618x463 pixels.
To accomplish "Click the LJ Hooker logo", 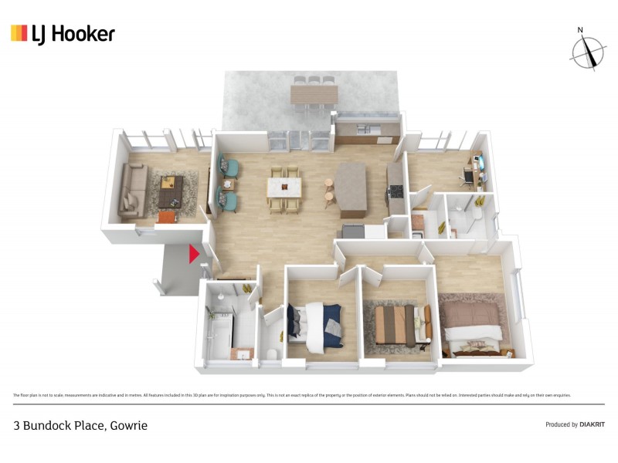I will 63,33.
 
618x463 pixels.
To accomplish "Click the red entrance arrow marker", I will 194,253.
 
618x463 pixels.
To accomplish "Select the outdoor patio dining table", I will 314,94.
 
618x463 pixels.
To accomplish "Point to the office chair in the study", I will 469,177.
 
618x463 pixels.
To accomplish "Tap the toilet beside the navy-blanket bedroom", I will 270,352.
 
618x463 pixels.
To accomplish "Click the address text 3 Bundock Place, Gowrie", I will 80,425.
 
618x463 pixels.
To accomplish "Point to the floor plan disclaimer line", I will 292,395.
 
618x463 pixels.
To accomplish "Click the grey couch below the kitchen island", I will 353,231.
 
